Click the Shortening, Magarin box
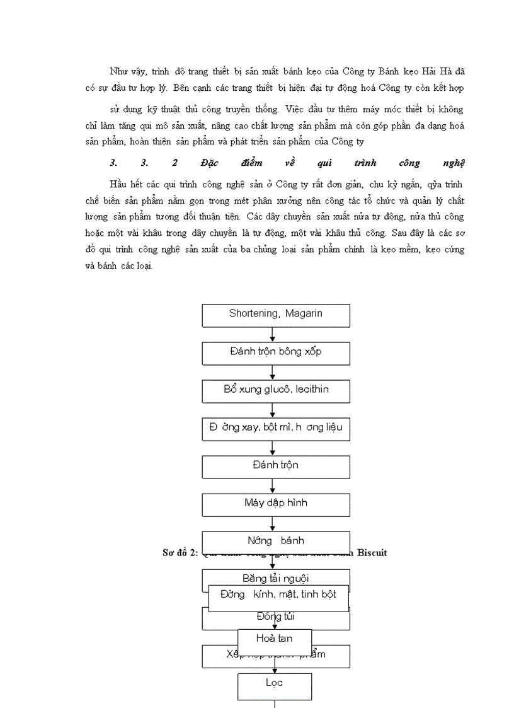[x=275, y=315]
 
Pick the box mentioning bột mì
[x=275, y=429]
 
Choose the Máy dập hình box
[x=275, y=504]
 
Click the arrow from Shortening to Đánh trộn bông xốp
[x=273, y=335]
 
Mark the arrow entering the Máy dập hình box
[x=273, y=486]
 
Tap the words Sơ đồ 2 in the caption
[x=176, y=552]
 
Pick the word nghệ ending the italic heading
[x=454, y=163]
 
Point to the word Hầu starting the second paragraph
[x=118, y=183]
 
